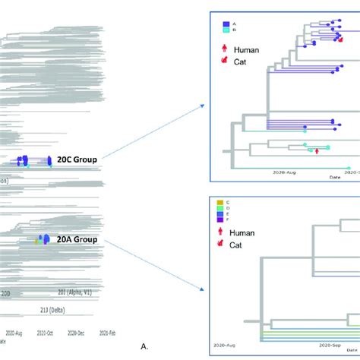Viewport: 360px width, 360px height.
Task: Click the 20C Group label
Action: (82, 159)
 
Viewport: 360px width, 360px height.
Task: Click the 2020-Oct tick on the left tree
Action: (46, 333)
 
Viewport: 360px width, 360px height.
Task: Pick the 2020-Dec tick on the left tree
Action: (76, 333)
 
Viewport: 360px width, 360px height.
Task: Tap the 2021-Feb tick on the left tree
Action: (105, 333)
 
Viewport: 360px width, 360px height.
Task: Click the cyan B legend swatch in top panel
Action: (226, 31)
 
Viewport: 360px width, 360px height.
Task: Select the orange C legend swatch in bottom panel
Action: (222, 203)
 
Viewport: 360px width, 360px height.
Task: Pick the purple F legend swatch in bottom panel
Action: (222, 221)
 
